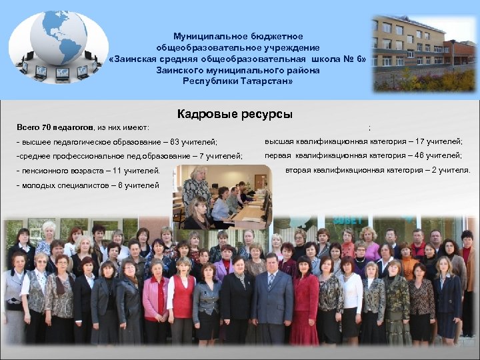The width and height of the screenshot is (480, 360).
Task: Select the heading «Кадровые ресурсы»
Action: (235, 114)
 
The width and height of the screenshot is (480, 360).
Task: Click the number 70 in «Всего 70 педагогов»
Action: (47, 127)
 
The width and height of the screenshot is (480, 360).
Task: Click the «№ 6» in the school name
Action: (355, 59)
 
